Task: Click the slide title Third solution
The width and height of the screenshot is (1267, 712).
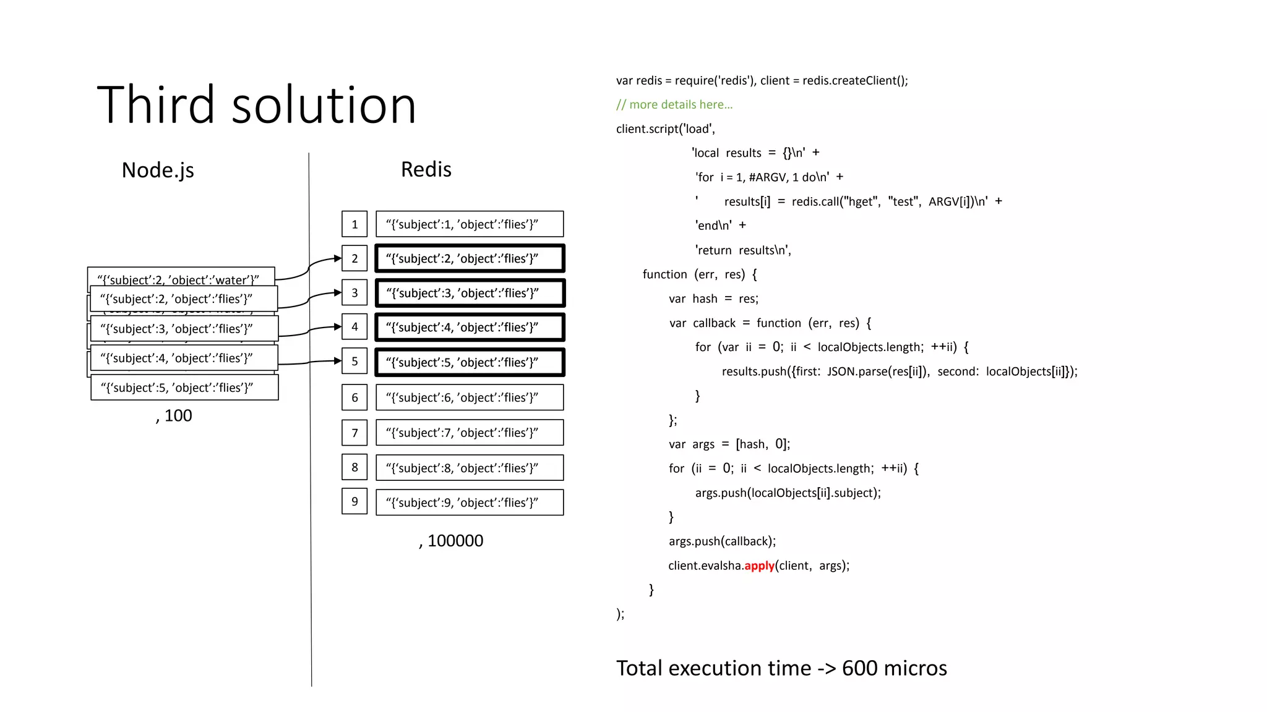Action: click(256, 105)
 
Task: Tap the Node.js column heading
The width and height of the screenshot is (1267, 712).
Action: click(158, 170)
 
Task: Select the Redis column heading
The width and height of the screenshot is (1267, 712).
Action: click(426, 169)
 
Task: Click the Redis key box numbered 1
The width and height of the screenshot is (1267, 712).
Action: click(354, 224)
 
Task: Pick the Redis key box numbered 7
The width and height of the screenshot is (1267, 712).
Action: click(354, 433)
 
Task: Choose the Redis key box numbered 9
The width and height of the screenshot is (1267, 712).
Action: click(354, 502)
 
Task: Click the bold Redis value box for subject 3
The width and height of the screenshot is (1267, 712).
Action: click(470, 293)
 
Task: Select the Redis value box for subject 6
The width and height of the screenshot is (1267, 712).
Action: click(470, 397)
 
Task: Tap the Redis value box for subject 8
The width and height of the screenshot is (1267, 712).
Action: click(470, 468)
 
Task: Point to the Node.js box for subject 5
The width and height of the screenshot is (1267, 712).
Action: click(184, 388)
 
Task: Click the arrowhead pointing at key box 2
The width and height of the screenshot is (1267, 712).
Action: click(338, 258)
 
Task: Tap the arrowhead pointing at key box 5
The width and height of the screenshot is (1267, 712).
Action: click(338, 360)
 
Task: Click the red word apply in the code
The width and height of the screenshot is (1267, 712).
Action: click(759, 566)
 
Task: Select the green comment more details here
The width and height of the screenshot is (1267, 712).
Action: click(674, 104)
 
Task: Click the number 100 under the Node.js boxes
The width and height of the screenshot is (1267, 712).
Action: click(178, 416)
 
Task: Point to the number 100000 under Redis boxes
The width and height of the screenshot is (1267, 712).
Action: click(455, 541)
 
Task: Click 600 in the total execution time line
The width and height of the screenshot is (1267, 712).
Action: click(859, 668)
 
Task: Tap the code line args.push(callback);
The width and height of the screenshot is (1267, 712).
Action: click(722, 541)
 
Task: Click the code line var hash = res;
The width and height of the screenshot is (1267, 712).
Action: click(713, 299)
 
